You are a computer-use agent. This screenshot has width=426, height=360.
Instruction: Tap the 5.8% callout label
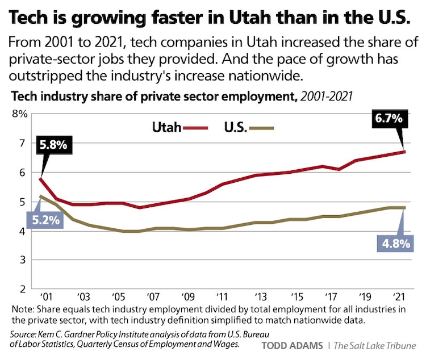tap(53, 145)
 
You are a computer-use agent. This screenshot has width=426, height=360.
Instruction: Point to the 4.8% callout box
tap(394, 244)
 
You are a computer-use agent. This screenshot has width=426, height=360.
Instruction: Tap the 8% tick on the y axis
tap(20, 114)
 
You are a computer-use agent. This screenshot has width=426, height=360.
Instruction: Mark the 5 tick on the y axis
tap(23, 202)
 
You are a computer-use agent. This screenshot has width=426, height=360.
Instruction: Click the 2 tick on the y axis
tap(23, 290)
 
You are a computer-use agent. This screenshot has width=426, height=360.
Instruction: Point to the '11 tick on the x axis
tap(223, 297)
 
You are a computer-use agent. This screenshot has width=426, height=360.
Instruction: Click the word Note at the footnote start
tap(22, 309)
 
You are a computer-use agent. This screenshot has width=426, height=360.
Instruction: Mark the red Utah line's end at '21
tap(404, 152)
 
